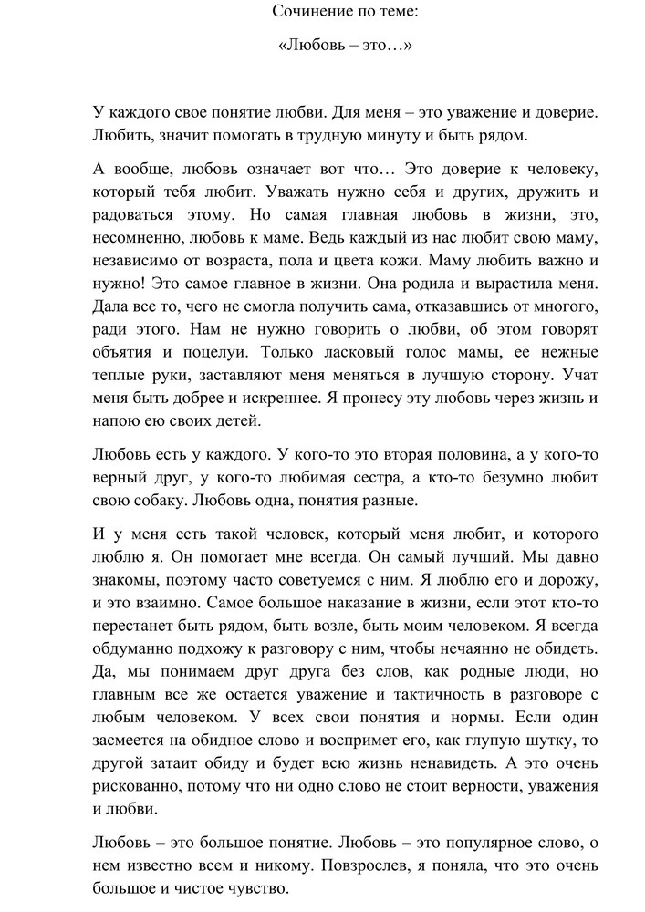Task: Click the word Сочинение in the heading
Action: (308, 12)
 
